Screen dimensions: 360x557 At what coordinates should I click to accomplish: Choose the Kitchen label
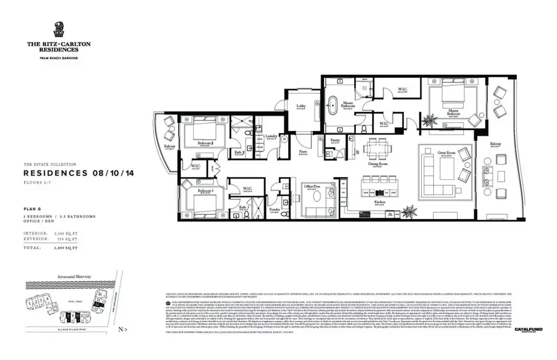(x=380, y=202)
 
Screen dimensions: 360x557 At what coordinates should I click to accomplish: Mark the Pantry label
(x=335, y=140)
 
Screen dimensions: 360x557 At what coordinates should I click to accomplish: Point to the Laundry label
(x=271, y=136)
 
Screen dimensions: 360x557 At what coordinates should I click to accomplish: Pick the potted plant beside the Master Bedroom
(x=430, y=120)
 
